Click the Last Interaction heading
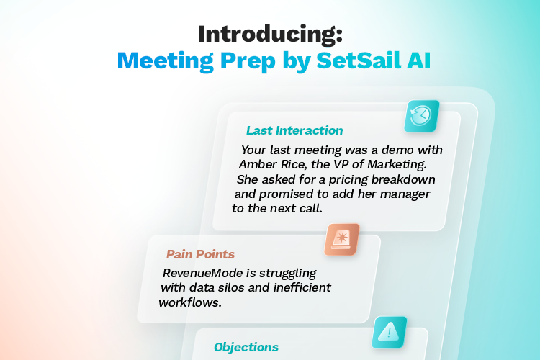pos(294,130)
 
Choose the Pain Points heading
pos(200,254)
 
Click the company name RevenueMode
pos(199,274)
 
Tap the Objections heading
pos(246,347)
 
